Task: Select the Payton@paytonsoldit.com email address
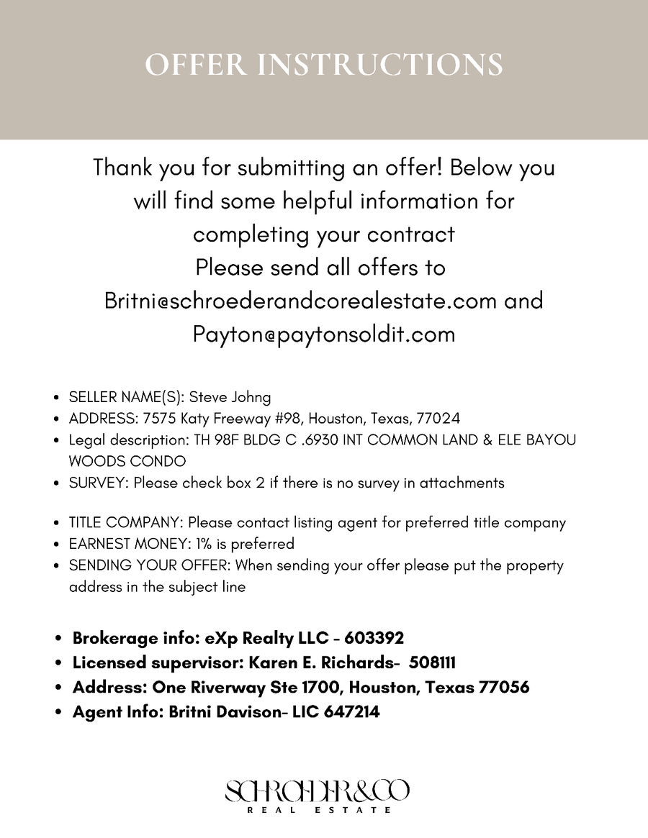(x=324, y=334)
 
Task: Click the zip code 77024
(x=438, y=419)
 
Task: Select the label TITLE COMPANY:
(x=126, y=523)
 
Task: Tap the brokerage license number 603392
(x=374, y=638)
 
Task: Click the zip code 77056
(x=503, y=687)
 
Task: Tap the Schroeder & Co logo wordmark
(x=318, y=792)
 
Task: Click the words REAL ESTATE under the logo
(x=319, y=810)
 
